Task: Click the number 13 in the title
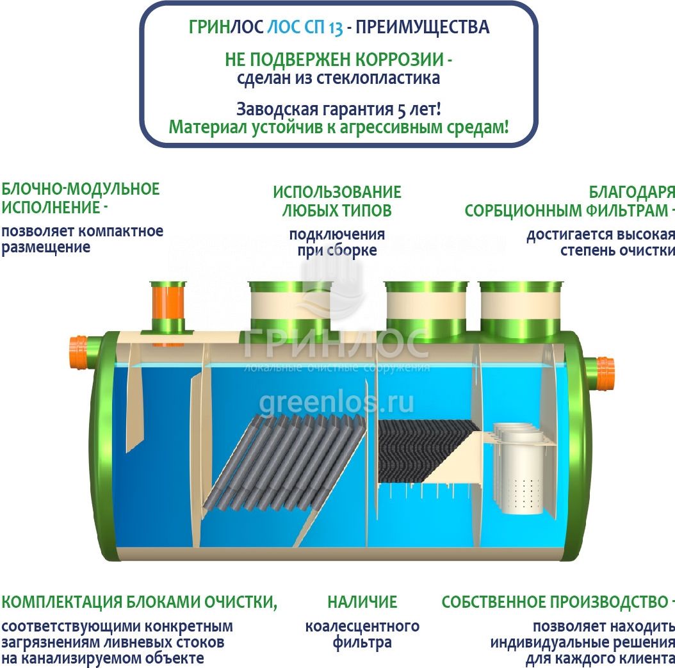[336, 28]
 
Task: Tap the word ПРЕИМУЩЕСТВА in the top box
[422, 27]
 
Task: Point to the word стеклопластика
[378, 78]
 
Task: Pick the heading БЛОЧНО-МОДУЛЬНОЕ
[81, 189]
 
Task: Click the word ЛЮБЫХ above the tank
[307, 211]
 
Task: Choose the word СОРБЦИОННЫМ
[523, 211]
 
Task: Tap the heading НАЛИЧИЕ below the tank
[362, 602]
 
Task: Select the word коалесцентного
[362, 626]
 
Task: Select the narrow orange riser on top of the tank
[168, 309]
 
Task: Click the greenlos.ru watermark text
[337, 403]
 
